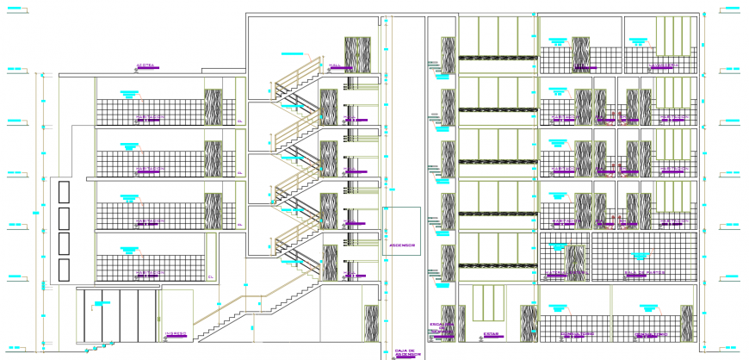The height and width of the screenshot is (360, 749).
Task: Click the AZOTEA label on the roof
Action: click(x=145, y=65)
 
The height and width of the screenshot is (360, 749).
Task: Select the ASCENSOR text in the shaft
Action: click(x=401, y=245)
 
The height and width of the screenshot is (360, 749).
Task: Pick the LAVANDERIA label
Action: click(x=664, y=65)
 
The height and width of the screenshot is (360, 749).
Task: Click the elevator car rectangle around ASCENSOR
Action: click(x=401, y=232)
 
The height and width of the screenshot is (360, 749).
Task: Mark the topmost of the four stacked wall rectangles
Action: click(x=63, y=192)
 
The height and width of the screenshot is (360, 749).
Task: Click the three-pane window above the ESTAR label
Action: click(x=489, y=305)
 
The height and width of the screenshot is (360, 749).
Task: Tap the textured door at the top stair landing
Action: click(x=356, y=53)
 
